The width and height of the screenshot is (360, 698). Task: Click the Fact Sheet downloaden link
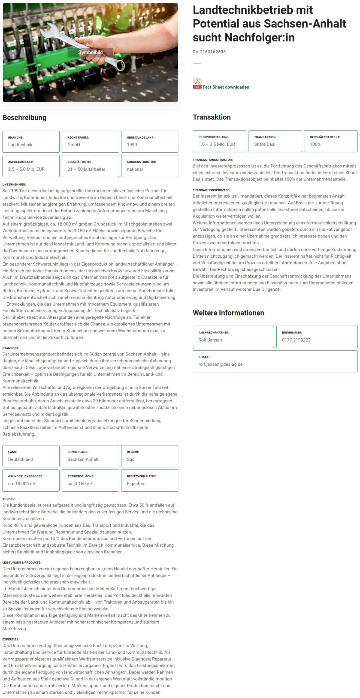coord(226,87)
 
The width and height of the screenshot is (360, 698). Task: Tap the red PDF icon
coord(197,83)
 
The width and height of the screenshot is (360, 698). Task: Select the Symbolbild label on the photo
coord(90,52)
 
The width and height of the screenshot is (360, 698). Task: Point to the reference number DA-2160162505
coord(209,52)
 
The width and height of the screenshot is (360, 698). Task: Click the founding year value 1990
coord(132,145)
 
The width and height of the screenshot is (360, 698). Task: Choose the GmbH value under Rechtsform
coord(74,145)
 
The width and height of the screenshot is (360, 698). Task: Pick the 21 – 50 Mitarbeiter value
coord(86,169)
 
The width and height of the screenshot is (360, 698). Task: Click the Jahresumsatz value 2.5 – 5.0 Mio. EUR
coord(26,169)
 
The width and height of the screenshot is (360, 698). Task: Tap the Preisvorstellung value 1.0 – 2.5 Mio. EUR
coord(217,144)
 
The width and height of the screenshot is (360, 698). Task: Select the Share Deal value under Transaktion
coord(265,144)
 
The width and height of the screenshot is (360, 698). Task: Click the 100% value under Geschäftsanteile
coord(315,144)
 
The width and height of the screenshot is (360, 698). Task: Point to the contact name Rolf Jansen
coord(210,340)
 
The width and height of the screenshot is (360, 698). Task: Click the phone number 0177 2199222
coord(296,340)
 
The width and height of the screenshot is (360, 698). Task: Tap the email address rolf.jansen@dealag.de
coord(220,364)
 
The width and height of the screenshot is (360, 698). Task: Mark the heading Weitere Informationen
coord(228,313)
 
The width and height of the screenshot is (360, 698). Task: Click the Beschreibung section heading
coord(25,118)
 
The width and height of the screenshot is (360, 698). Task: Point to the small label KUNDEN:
coord(9,499)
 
